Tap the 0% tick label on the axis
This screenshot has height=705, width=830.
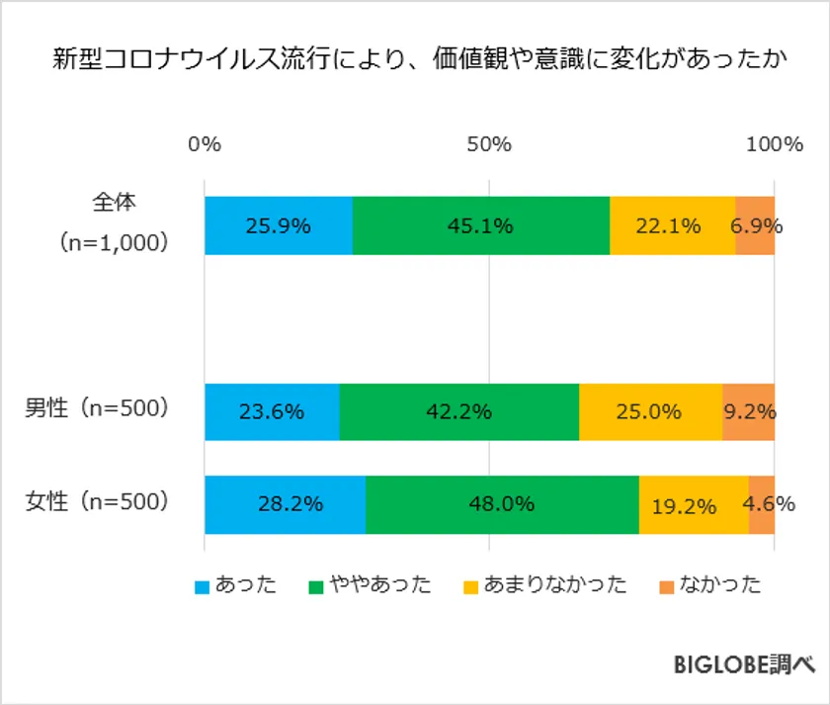pyautogui.click(x=205, y=144)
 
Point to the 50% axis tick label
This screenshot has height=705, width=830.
pyautogui.click(x=489, y=144)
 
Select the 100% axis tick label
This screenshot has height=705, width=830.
pyautogui.click(x=774, y=144)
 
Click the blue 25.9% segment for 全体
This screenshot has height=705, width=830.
pyautogui.click(x=278, y=225)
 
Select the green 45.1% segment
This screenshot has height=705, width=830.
pyautogui.click(x=480, y=225)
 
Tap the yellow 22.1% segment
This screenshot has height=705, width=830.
pyautogui.click(x=672, y=225)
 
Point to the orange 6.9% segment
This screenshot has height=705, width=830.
pyautogui.click(x=756, y=225)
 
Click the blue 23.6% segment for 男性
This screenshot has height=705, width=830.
pyautogui.click(x=272, y=411)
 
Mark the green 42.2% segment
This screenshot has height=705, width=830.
pyautogui.click(x=458, y=411)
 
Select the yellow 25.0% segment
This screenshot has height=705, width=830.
pyautogui.click(x=650, y=411)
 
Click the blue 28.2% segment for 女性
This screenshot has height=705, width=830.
pyautogui.click(x=285, y=504)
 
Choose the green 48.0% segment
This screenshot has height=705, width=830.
pyautogui.click(x=502, y=504)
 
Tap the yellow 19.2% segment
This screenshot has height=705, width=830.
pyautogui.click(x=694, y=504)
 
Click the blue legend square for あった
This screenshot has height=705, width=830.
pyautogui.click(x=202, y=586)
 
